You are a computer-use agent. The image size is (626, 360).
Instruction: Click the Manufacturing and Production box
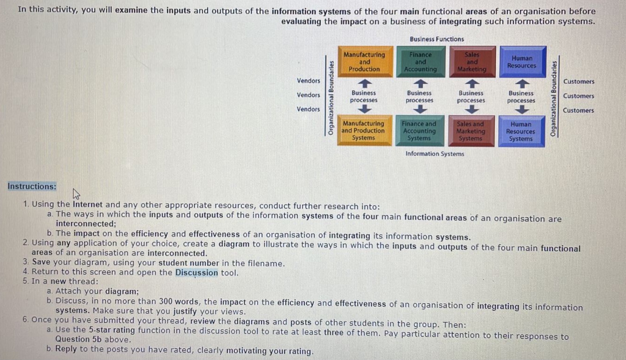click(x=364, y=62)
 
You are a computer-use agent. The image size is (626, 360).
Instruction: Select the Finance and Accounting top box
click(x=420, y=62)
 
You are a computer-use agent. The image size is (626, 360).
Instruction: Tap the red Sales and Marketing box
click(x=472, y=62)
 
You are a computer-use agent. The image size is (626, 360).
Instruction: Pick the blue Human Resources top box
click(x=522, y=62)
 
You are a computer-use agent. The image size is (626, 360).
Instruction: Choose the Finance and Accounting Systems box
click(x=419, y=131)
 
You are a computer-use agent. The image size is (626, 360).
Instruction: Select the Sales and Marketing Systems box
click(x=470, y=131)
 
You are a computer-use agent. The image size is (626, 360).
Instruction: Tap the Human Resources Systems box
click(x=521, y=131)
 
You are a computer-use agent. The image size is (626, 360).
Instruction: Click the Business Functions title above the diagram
click(x=437, y=39)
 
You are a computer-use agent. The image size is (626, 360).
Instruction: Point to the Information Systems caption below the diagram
click(x=435, y=154)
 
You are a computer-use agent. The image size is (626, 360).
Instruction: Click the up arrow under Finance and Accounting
click(x=420, y=83)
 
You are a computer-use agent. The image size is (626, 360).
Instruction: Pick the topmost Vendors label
click(x=309, y=81)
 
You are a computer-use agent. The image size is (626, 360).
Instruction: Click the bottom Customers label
click(x=578, y=111)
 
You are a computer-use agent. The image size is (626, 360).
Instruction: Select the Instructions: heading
click(x=32, y=187)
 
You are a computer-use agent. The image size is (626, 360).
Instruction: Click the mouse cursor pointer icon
click(x=77, y=194)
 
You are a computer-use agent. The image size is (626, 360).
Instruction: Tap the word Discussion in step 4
click(x=196, y=273)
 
